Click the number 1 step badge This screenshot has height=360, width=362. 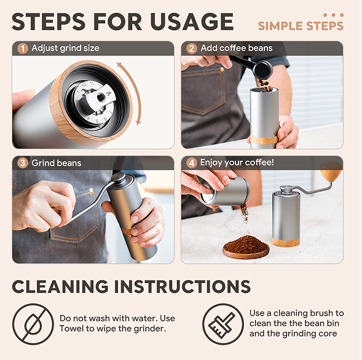[23, 49]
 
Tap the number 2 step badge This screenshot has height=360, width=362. [191, 49]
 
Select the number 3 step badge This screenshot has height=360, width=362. [23, 163]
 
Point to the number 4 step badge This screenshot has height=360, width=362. [191, 163]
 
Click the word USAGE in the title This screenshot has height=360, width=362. [192, 22]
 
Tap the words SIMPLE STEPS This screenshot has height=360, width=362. [301, 26]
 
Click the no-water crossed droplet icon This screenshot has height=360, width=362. [33, 324]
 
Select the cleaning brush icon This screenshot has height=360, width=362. [222, 324]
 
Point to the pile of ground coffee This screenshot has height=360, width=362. [246, 244]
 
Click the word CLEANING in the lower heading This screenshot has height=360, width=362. [60, 287]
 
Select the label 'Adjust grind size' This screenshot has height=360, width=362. [66, 48]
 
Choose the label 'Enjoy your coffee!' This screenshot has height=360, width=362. [237, 162]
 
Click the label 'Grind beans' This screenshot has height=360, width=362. [57, 163]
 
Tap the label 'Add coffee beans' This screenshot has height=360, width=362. [237, 48]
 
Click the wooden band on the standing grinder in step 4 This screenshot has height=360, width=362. [286, 242]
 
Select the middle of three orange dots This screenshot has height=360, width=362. [333, 15]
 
